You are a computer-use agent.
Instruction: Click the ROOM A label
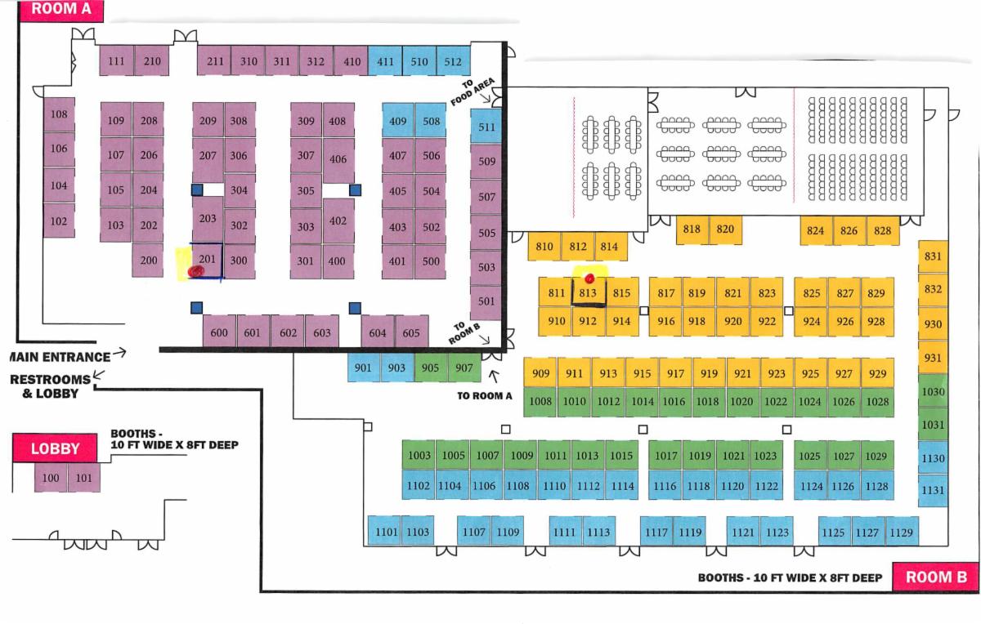[x=61, y=11]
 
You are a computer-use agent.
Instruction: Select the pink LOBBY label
[x=56, y=448]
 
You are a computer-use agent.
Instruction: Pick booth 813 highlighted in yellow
[x=588, y=292]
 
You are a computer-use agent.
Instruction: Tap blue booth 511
[x=486, y=127]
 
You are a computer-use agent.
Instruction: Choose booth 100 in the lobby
[x=50, y=478]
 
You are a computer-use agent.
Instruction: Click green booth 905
[x=430, y=368]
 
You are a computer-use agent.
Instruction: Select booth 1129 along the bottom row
[x=902, y=533]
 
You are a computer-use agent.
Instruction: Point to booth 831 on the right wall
[x=933, y=256]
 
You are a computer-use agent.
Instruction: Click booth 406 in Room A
[x=338, y=159]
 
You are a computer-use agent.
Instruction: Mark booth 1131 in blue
[x=933, y=490]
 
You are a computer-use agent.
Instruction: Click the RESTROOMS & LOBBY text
[x=49, y=386]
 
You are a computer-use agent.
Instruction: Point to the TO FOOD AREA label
[x=473, y=91]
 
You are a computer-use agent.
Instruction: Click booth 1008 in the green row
[x=540, y=401]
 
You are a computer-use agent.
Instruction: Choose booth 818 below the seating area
[x=692, y=230]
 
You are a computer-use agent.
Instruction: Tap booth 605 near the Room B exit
[x=411, y=332]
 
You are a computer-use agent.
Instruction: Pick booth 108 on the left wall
[x=59, y=115]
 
